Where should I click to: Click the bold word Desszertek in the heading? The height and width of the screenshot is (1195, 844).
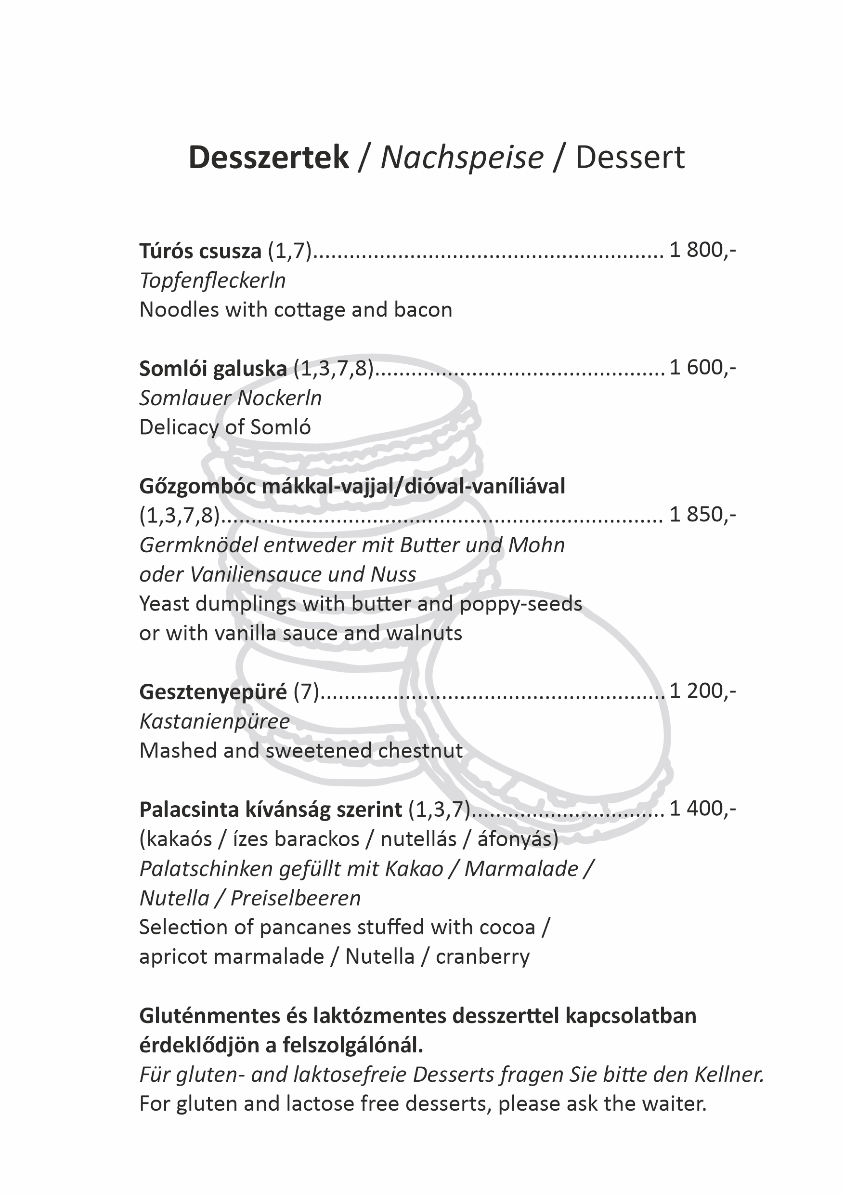pyautogui.click(x=268, y=157)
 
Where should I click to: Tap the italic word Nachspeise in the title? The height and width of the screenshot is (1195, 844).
pyautogui.click(x=462, y=157)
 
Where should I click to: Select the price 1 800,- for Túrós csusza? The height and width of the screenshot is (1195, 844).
pyautogui.click(x=702, y=251)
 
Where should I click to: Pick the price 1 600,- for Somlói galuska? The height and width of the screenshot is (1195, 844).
pyautogui.click(x=702, y=369)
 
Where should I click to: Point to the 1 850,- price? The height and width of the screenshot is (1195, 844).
pyautogui.click(x=702, y=515)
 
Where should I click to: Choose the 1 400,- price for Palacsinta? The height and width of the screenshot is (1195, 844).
pyautogui.click(x=702, y=809)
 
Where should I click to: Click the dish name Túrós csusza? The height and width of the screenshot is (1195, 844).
pyautogui.click(x=200, y=252)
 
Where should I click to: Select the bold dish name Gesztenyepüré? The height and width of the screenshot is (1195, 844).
pyautogui.click(x=213, y=692)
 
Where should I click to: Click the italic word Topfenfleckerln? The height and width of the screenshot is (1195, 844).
pyautogui.click(x=213, y=281)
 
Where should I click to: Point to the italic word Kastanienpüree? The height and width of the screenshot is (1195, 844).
pyautogui.click(x=214, y=722)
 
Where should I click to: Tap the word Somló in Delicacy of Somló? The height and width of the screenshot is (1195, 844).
pyautogui.click(x=280, y=428)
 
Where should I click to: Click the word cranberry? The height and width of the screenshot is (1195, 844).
pyautogui.click(x=482, y=956)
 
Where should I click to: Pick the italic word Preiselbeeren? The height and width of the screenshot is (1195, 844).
pyautogui.click(x=295, y=898)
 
